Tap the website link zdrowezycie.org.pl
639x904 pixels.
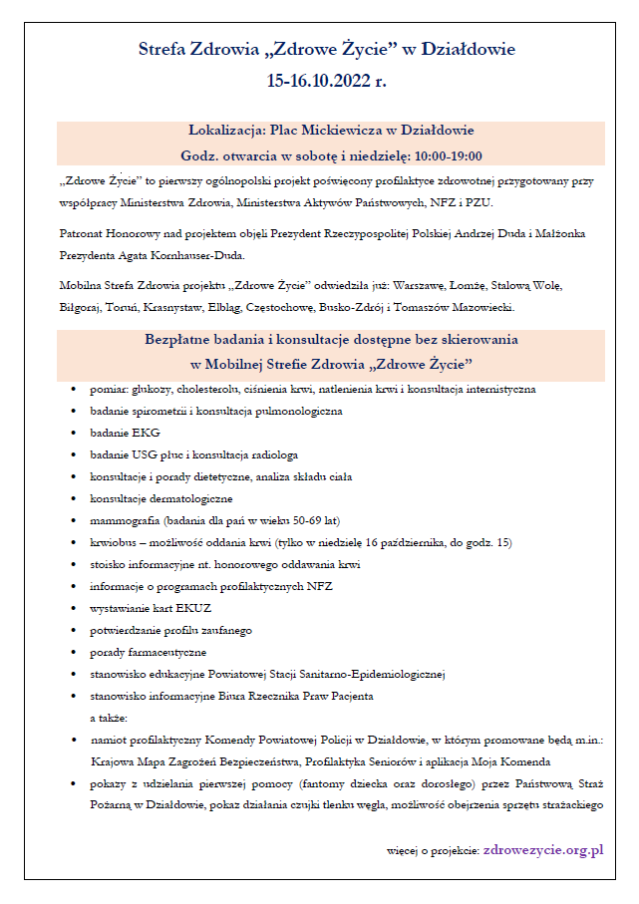click(x=543, y=850)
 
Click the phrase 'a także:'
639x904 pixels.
click(x=110, y=717)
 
